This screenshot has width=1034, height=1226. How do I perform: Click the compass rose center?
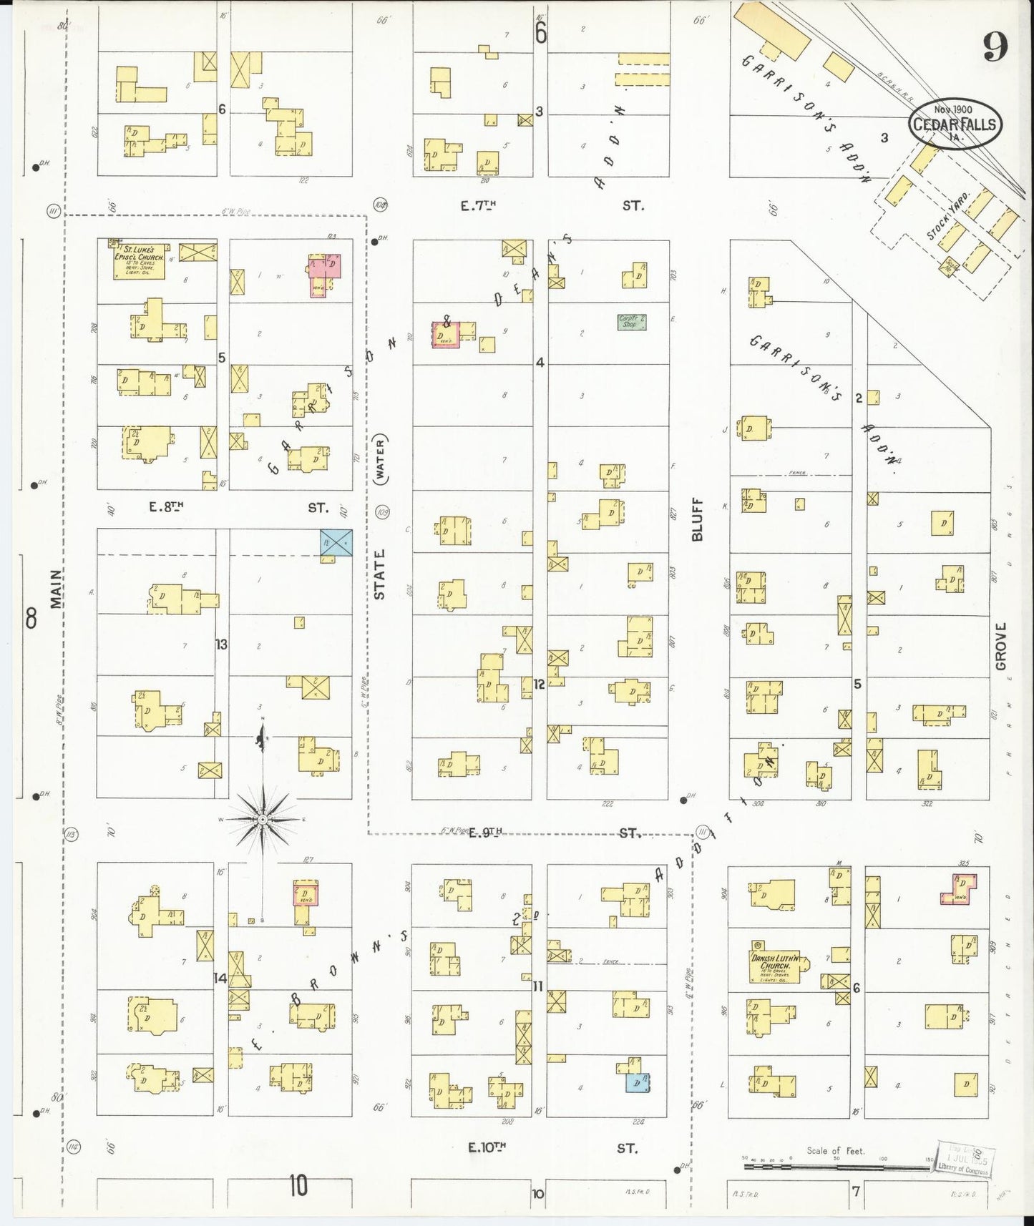click(x=263, y=818)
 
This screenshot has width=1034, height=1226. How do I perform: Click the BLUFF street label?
click(x=698, y=519)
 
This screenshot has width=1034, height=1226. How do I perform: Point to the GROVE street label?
click(x=1000, y=646)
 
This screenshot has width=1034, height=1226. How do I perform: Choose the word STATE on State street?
click(x=379, y=574)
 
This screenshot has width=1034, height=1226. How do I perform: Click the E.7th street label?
click(x=478, y=205)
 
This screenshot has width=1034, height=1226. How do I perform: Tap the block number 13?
click(x=221, y=644)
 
